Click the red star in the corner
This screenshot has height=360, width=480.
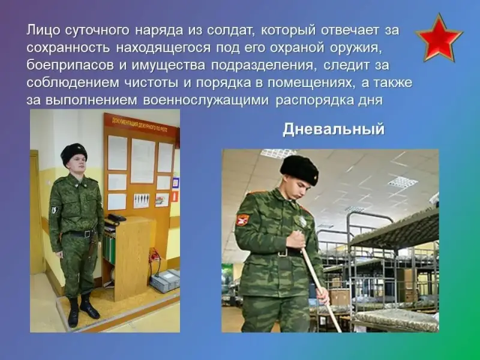439,38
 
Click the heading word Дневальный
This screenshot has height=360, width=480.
334,129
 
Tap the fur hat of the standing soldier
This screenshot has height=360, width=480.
74,153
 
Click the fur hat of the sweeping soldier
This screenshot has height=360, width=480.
299,169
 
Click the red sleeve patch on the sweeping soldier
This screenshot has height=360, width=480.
243,220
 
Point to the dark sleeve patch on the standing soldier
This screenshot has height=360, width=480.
55,211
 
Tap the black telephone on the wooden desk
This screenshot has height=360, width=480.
116,218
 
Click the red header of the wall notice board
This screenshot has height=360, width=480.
141,124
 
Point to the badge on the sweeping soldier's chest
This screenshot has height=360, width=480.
302,221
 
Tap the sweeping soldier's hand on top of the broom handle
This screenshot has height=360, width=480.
296,239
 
